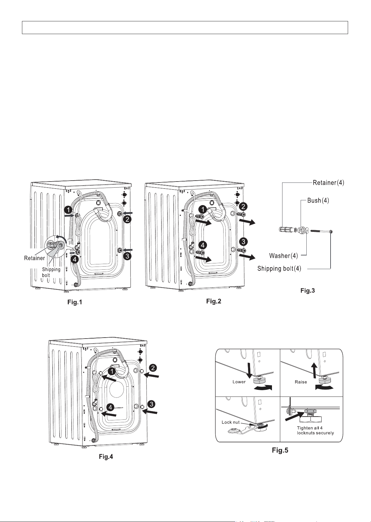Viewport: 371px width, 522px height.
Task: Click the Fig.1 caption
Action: tap(75, 302)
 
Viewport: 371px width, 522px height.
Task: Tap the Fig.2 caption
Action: tap(213, 301)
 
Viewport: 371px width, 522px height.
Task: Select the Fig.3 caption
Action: tap(308, 290)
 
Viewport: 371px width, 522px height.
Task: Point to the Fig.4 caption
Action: tap(106, 456)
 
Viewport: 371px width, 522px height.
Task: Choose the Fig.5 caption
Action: tap(280, 450)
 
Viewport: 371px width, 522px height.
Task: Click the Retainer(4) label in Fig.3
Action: tap(328, 182)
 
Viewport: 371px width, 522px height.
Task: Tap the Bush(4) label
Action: tap(318, 200)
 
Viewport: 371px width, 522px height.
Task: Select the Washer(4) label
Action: tap(283, 256)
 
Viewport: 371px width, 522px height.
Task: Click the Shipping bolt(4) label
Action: tap(279, 268)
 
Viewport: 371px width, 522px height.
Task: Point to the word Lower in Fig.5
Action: tap(239, 382)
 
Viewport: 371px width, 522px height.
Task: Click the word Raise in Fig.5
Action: tap(301, 382)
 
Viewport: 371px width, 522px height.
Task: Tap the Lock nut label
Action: tap(231, 422)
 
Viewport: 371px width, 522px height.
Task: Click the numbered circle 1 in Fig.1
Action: tap(68, 210)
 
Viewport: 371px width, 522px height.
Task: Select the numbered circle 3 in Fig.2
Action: tap(243, 242)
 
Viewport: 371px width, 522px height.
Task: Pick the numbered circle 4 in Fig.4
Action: tap(110, 407)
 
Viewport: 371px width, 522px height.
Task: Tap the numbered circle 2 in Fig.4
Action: tap(153, 368)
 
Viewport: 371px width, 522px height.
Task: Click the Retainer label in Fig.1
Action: tap(34, 258)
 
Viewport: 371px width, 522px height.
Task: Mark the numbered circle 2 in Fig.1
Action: tap(127, 219)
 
